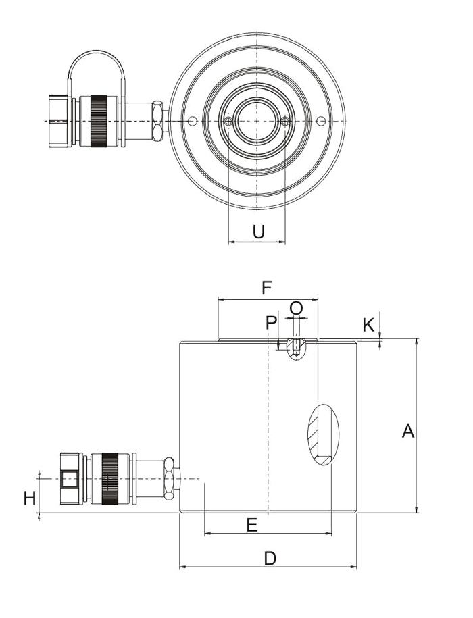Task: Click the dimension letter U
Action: click(258, 232)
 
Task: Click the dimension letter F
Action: click(266, 288)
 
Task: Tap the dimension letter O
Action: click(296, 308)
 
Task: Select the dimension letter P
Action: click(271, 323)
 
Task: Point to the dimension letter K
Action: click(368, 325)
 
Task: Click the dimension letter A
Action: click(407, 431)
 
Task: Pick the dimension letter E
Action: click(251, 525)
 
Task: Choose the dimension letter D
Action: click(270, 559)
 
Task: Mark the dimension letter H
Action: click(29, 499)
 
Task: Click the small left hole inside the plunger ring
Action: click(228, 121)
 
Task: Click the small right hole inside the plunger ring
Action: click(286, 121)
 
